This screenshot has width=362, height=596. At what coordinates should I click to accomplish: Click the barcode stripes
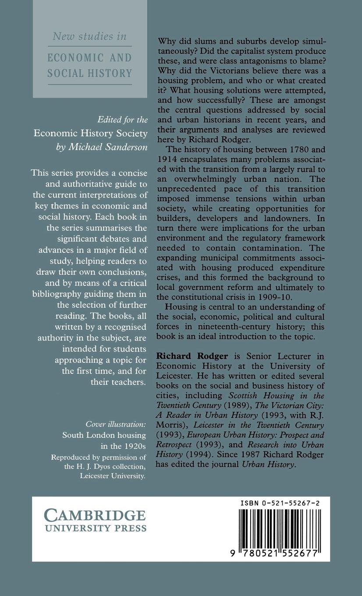(x=280, y=528)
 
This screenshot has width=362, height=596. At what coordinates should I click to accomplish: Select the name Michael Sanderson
(x=108, y=147)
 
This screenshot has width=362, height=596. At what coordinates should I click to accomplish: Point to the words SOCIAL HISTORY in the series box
(x=89, y=73)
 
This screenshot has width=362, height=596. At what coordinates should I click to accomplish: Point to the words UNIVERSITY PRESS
(x=96, y=529)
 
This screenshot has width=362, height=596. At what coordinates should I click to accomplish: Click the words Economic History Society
(x=91, y=133)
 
